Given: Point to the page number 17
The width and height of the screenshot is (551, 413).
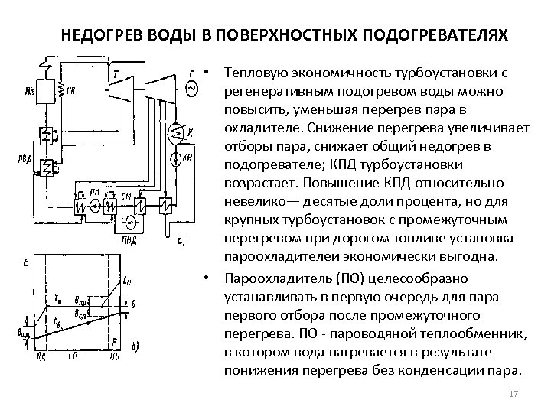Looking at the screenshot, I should pos(514,394).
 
